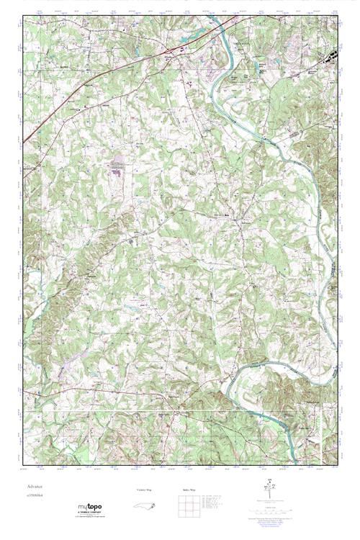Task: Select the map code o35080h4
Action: tap(35, 498)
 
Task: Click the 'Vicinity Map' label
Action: tap(145, 490)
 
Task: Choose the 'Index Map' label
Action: tap(188, 490)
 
